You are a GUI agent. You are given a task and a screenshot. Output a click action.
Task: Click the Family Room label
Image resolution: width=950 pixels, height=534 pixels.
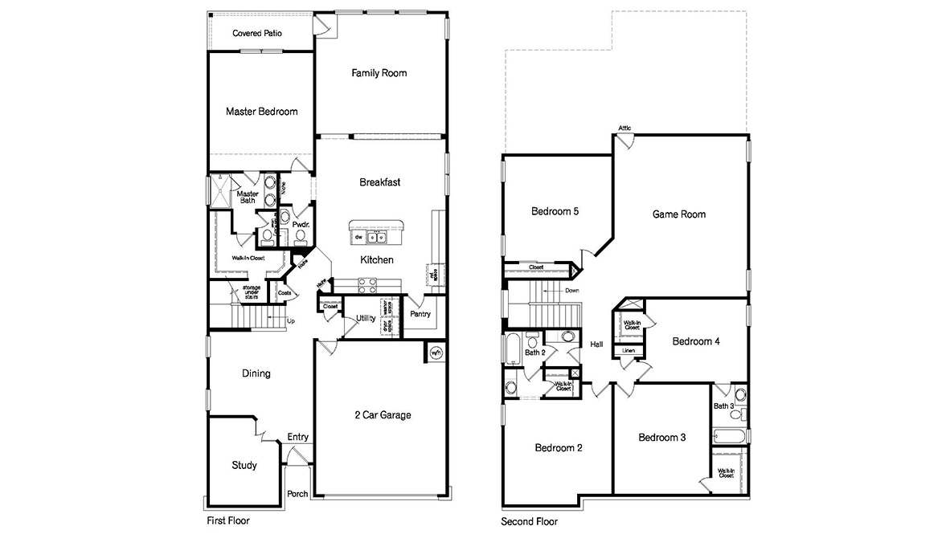(x=379, y=73)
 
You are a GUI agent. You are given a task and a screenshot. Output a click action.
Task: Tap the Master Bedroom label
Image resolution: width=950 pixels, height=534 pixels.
(x=261, y=112)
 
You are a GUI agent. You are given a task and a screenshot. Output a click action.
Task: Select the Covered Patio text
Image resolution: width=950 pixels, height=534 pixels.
(x=256, y=34)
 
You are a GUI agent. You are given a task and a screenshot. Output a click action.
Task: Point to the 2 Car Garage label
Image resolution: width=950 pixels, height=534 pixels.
(x=383, y=415)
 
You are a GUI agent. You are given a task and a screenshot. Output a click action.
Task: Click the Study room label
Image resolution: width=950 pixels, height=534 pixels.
(x=244, y=466)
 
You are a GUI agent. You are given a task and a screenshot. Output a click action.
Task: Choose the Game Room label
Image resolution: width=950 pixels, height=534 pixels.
(x=678, y=214)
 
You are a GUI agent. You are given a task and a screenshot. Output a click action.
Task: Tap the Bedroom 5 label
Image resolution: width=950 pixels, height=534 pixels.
(x=555, y=212)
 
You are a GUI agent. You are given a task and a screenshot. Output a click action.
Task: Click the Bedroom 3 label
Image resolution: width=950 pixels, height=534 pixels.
(x=661, y=438)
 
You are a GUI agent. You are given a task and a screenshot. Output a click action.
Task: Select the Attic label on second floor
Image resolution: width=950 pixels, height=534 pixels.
(x=624, y=128)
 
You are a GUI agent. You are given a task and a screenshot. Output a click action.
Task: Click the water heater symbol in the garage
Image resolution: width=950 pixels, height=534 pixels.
(x=436, y=353)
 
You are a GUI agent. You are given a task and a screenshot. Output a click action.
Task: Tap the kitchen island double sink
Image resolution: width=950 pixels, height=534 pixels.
(x=375, y=238)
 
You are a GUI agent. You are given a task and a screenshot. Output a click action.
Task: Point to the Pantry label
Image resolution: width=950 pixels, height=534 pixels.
(x=420, y=314)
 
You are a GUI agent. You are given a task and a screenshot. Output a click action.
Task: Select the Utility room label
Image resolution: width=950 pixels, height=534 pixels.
(x=366, y=319)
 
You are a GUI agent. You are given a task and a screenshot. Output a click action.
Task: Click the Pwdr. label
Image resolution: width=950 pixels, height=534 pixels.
(x=301, y=226)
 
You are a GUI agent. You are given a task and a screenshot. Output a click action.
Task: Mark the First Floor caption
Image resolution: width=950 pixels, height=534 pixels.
(x=229, y=520)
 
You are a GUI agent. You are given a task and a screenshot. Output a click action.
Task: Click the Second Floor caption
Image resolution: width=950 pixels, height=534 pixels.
(x=529, y=521)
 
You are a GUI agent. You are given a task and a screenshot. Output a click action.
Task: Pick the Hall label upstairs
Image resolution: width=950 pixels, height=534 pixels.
(x=596, y=344)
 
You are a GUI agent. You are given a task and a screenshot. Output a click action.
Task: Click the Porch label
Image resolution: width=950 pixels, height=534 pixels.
(x=297, y=494)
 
